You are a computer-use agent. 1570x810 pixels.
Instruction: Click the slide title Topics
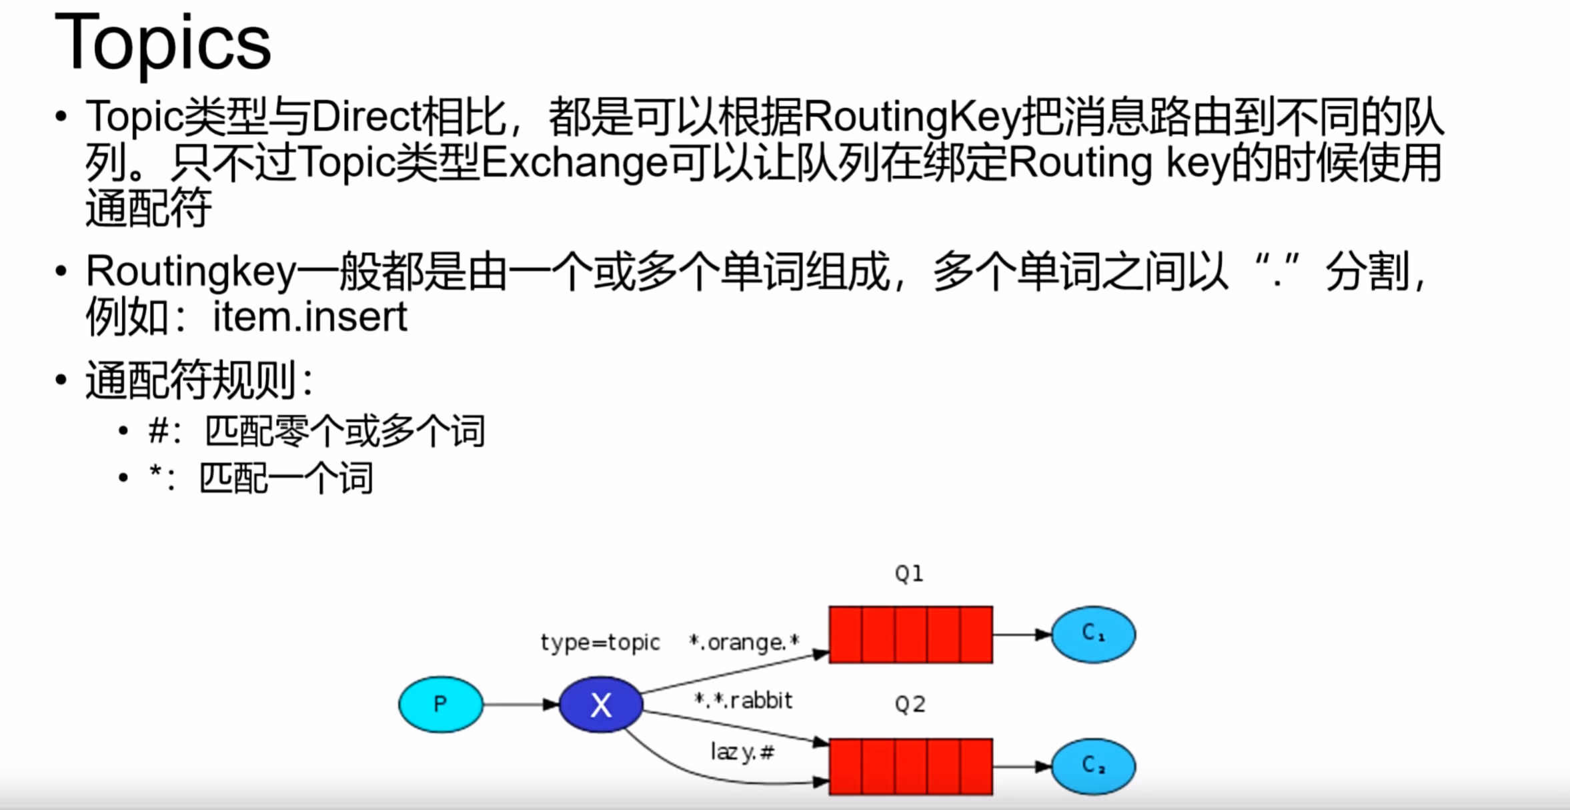tap(163, 43)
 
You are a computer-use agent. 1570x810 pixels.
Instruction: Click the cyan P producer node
tap(441, 704)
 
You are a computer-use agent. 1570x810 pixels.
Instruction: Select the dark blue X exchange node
tap(600, 705)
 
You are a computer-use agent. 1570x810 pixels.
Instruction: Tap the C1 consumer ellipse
tap(1093, 634)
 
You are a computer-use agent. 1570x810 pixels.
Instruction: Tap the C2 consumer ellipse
tap(1093, 766)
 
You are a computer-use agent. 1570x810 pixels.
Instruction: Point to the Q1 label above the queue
tap(909, 573)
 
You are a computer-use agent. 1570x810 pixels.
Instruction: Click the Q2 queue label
tap(910, 704)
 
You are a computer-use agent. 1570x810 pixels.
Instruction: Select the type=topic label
tap(600, 643)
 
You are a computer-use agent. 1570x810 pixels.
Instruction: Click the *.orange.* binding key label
tap(744, 643)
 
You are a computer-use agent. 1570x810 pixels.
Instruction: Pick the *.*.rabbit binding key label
tap(743, 701)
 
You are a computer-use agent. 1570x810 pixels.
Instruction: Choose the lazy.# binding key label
tap(742, 753)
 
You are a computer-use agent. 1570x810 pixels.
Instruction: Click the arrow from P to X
tap(521, 704)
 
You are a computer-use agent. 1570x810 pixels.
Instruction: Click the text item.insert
tap(309, 317)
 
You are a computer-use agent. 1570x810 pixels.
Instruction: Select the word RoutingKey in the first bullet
tap(912, 117)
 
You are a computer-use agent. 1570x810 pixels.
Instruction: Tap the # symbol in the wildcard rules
tap(158, 430)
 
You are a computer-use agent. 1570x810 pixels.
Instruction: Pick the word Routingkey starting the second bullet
tap(191, 272)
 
